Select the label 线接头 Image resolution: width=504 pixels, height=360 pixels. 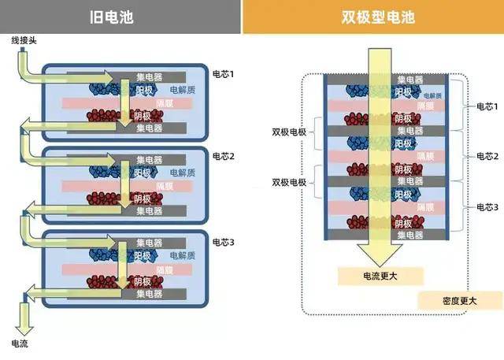click(x=23, y=39)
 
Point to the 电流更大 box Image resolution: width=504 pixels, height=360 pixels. click(x=381, y=276)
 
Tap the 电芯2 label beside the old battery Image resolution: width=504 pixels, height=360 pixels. click(x=224, y=156)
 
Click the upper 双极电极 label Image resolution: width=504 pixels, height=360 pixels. click(x=289, y=131)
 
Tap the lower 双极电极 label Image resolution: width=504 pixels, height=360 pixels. click(x=289, y=182)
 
